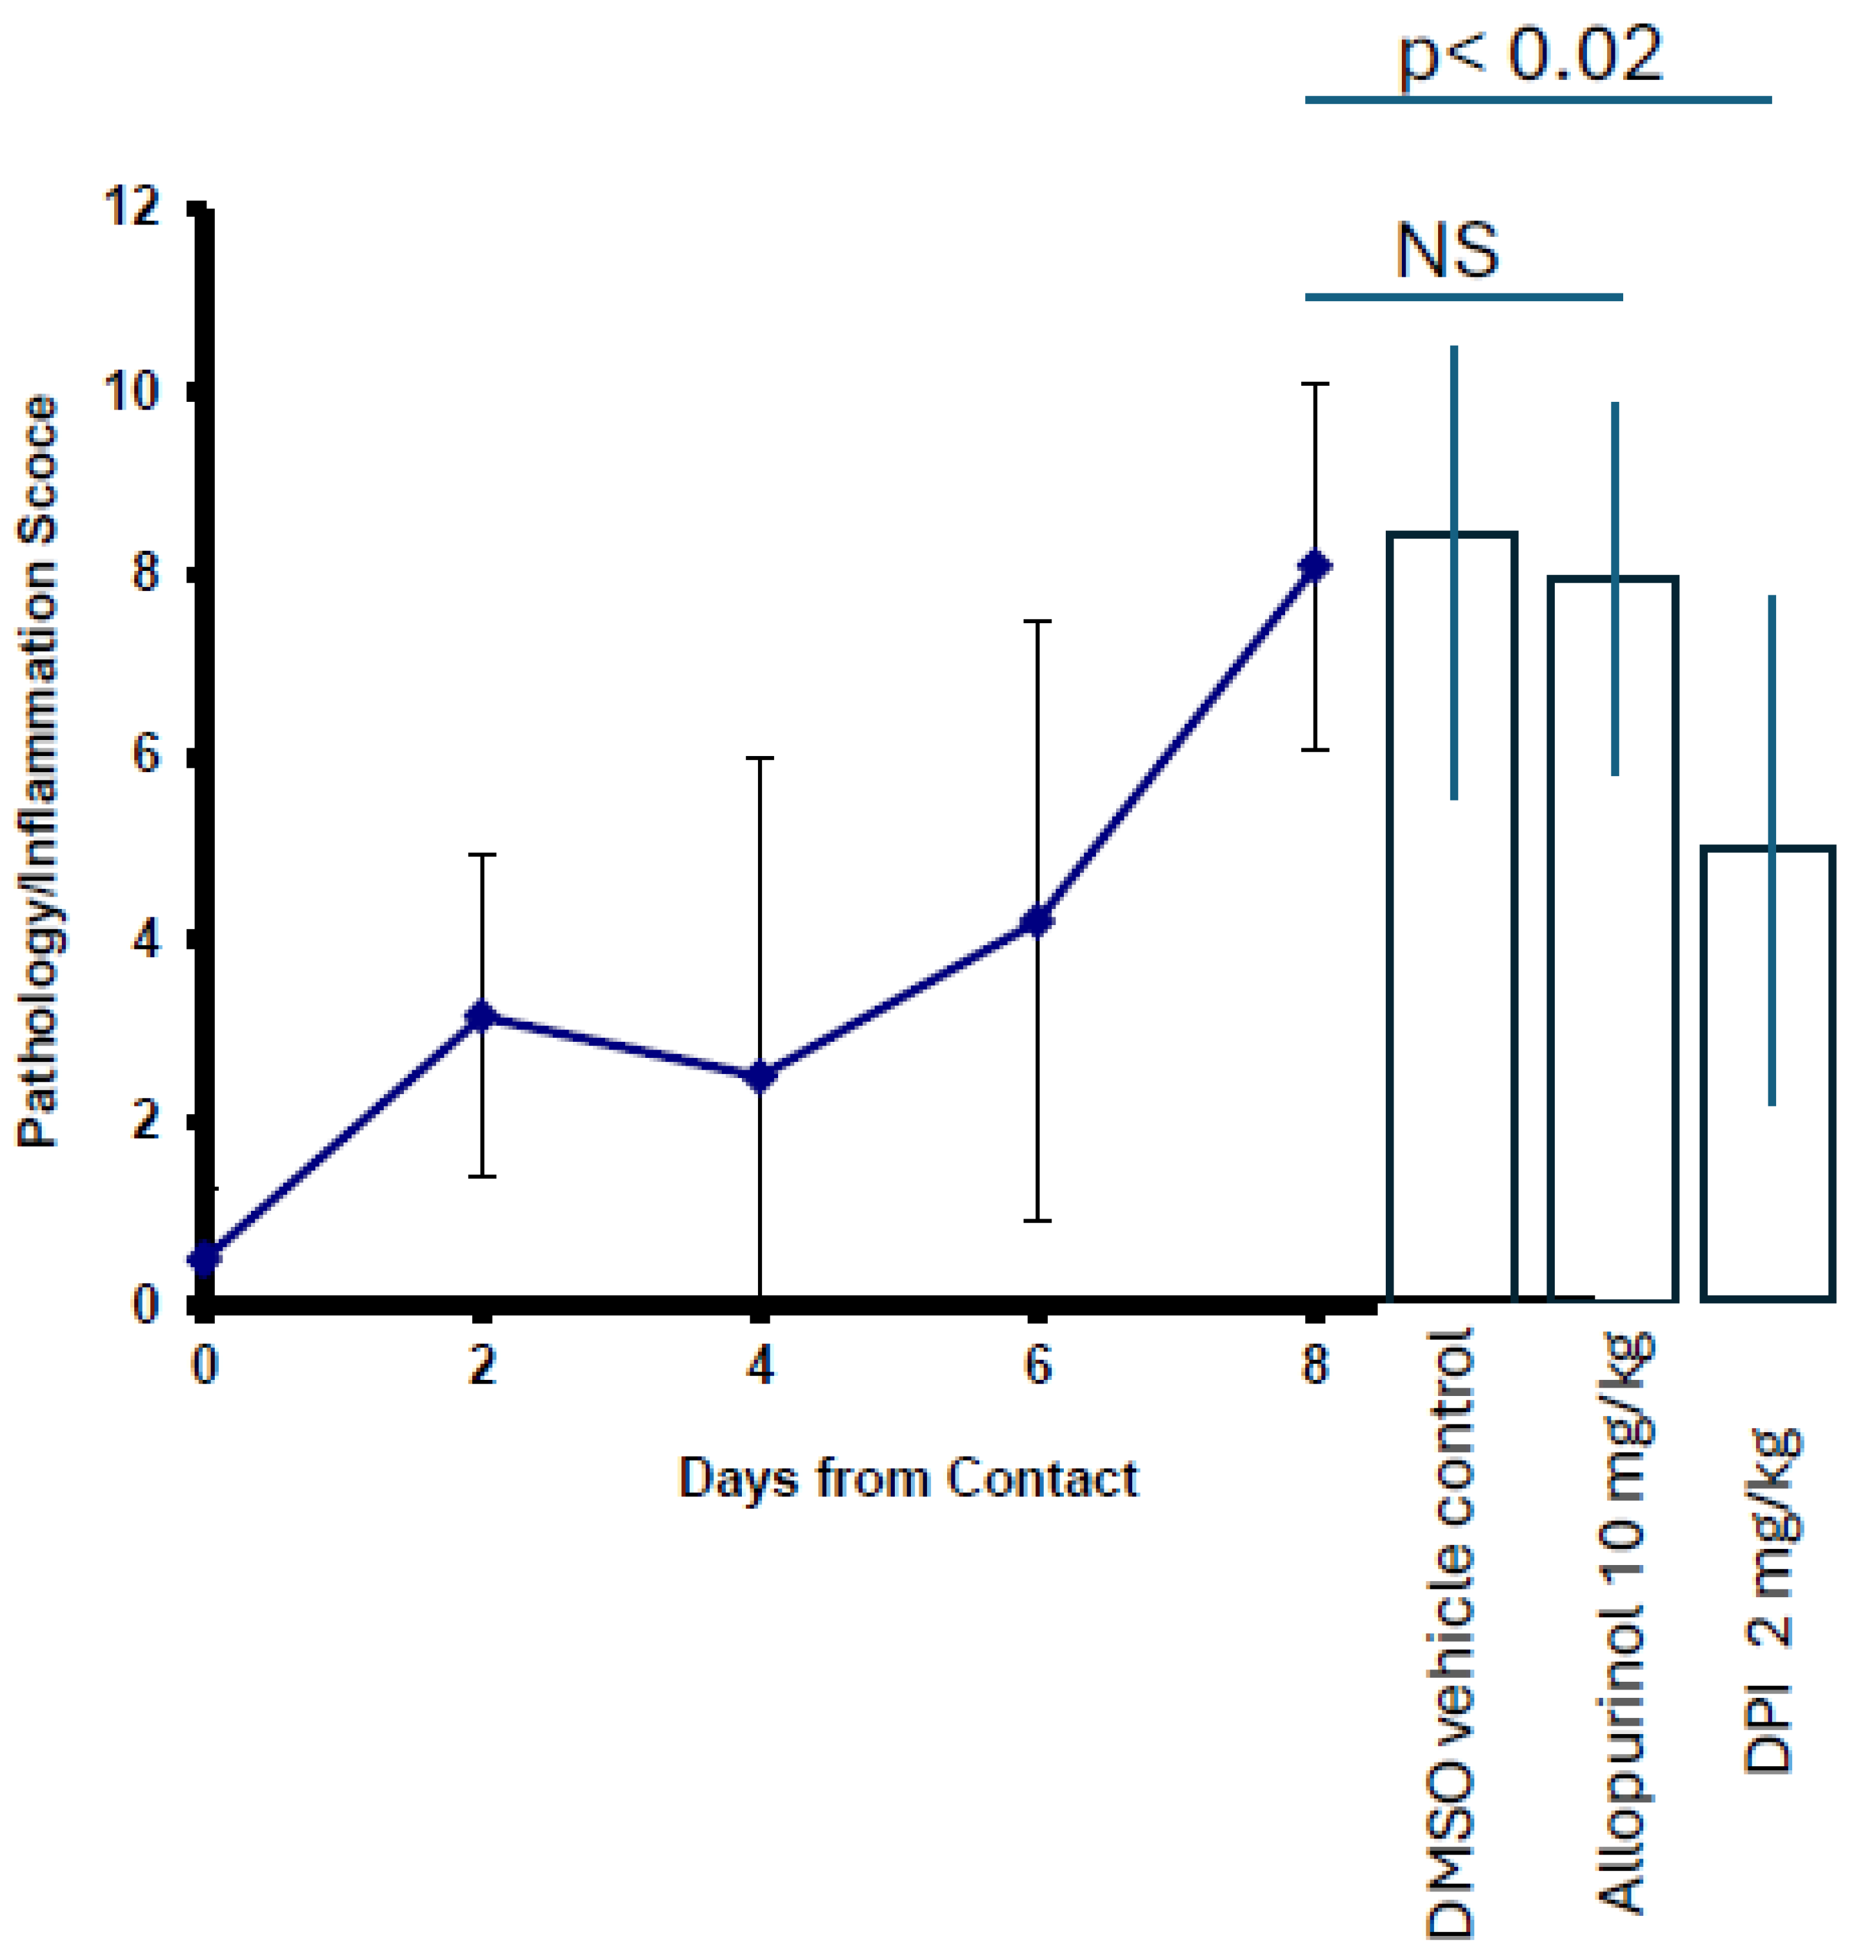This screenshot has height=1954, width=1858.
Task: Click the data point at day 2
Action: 481,1016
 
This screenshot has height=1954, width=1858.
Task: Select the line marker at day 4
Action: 759,1077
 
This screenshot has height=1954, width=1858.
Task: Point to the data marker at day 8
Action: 1314,566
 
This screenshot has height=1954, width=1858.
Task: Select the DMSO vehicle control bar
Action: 1453,916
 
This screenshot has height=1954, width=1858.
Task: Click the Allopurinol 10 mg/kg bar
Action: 1612,939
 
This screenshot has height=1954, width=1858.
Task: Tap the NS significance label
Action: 1447,250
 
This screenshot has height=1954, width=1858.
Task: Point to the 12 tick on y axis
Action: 135,209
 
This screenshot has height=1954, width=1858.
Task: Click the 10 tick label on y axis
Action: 135,391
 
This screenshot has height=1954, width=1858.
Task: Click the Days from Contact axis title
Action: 908,1479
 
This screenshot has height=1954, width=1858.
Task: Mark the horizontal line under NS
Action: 1464,296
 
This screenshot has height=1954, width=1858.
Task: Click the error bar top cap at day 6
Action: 1037,621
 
